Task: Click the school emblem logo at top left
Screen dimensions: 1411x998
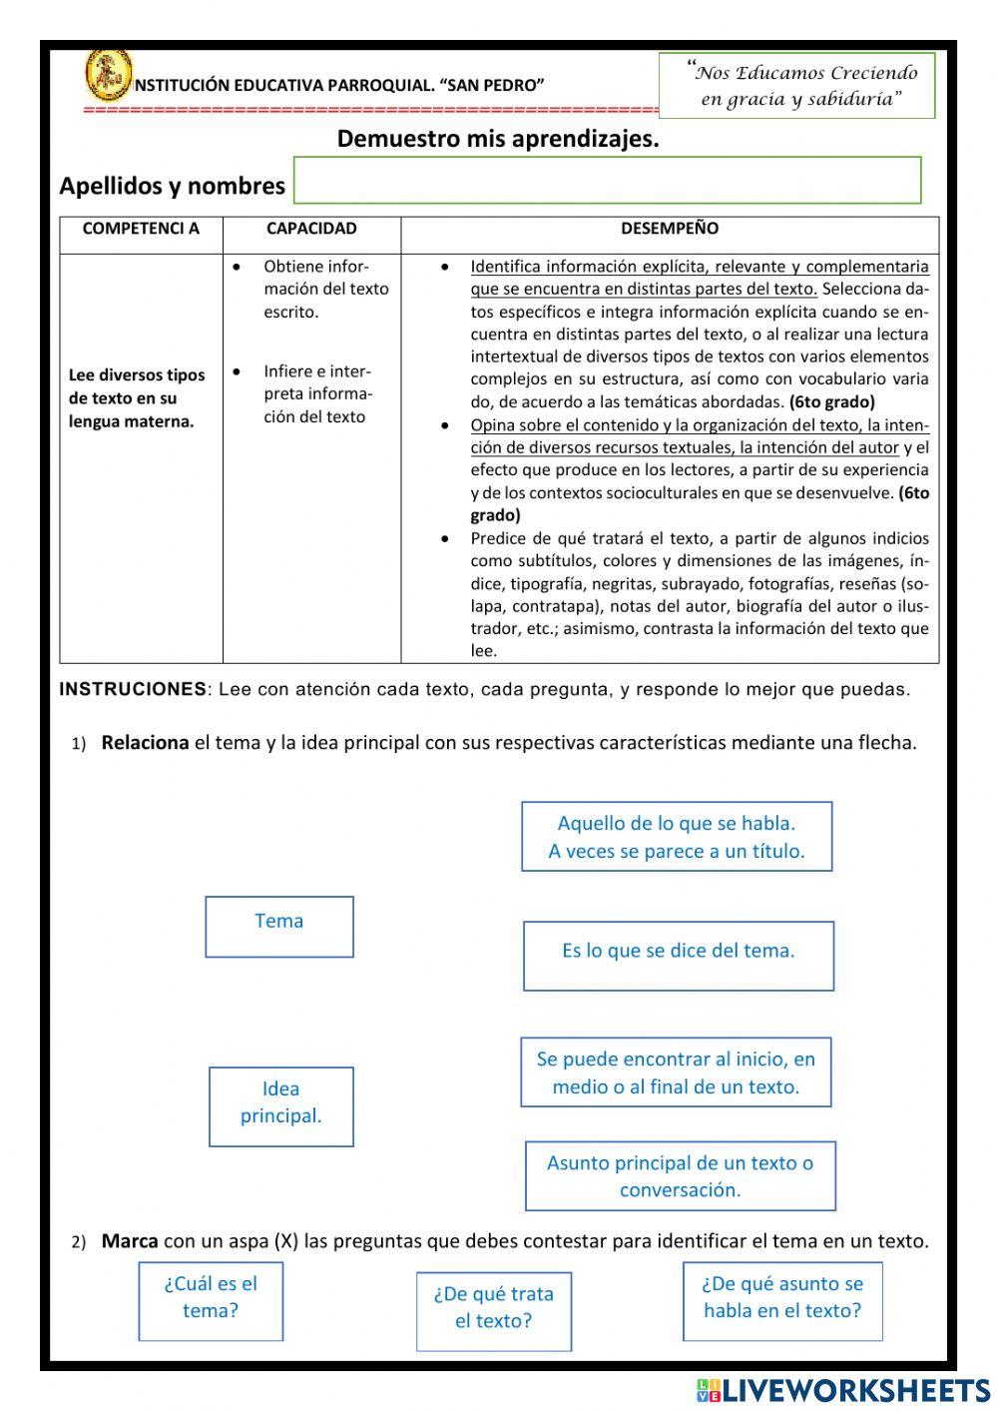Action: pos(108,75)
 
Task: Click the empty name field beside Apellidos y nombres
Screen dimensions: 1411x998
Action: pos(607,181)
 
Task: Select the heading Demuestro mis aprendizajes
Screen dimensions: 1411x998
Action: pos(498,139)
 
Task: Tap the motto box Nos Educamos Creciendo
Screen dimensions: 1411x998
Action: pos(796,86)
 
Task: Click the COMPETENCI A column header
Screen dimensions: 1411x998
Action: pos(141,229)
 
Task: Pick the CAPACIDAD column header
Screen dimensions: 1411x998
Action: pos(311,229)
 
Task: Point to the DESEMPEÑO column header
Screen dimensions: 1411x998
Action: pos(669,229)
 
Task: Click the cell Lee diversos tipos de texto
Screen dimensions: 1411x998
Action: pos(137,398)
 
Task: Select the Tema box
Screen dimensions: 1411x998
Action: pos(279,927)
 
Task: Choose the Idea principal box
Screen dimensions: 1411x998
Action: pos(281,1106)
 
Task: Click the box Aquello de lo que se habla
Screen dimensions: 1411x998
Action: pos(677,837)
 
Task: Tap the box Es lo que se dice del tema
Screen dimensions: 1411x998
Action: pos(679,956)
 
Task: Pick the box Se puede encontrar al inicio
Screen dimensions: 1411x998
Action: pos(676,1072)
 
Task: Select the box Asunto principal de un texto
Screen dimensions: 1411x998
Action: pos(680,1176)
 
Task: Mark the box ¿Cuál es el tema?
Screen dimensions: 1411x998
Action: pos(211,1301)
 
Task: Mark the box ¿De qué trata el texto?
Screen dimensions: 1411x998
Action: pos(493,1311)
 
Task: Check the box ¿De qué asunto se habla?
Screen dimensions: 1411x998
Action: pos(782,1301)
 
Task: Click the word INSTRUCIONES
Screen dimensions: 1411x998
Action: pos(133,689)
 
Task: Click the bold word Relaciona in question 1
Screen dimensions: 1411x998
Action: pos(145,743)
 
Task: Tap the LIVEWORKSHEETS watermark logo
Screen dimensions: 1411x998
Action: pos(843,1390)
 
